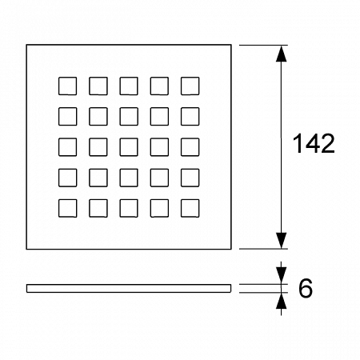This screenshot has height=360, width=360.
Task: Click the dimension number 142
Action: click(x=314, y=143)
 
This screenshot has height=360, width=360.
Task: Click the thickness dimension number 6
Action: click(x=306, y=288)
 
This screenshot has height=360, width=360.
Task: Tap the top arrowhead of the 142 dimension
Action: click(x=281, y=54)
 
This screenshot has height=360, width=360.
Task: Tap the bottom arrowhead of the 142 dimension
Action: click(x=281, y=240)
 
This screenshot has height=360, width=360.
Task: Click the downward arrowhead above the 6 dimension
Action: click(x=281, y=275)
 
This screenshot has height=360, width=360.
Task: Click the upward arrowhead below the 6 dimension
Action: click(x=281, y=301)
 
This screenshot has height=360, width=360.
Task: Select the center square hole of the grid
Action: click(x=129, y=147)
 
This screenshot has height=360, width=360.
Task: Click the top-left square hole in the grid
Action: click(x=67, y=86)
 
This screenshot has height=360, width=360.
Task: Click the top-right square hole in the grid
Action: click(x=190, y=86)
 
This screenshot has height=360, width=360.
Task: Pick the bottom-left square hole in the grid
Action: click(x=67, y=208)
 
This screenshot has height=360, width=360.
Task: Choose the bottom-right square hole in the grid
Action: click(x=190, y=208)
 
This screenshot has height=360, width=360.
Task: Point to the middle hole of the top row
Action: click(x=129, y=86)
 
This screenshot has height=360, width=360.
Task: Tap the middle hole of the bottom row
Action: click(x=129, y=208)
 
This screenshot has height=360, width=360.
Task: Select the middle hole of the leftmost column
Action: click(x=67, y=147)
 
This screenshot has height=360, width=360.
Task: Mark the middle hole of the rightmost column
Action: click(x=190, y=147)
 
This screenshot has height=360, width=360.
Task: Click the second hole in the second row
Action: click(x=98, y=116)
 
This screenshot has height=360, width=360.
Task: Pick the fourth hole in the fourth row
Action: click(x=159, y=178)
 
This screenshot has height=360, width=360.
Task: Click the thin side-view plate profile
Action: click(x=129, y=288)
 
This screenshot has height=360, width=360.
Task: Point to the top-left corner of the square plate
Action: click(x=26, y=45)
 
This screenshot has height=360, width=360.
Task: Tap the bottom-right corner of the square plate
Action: click(x=231, y=250)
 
